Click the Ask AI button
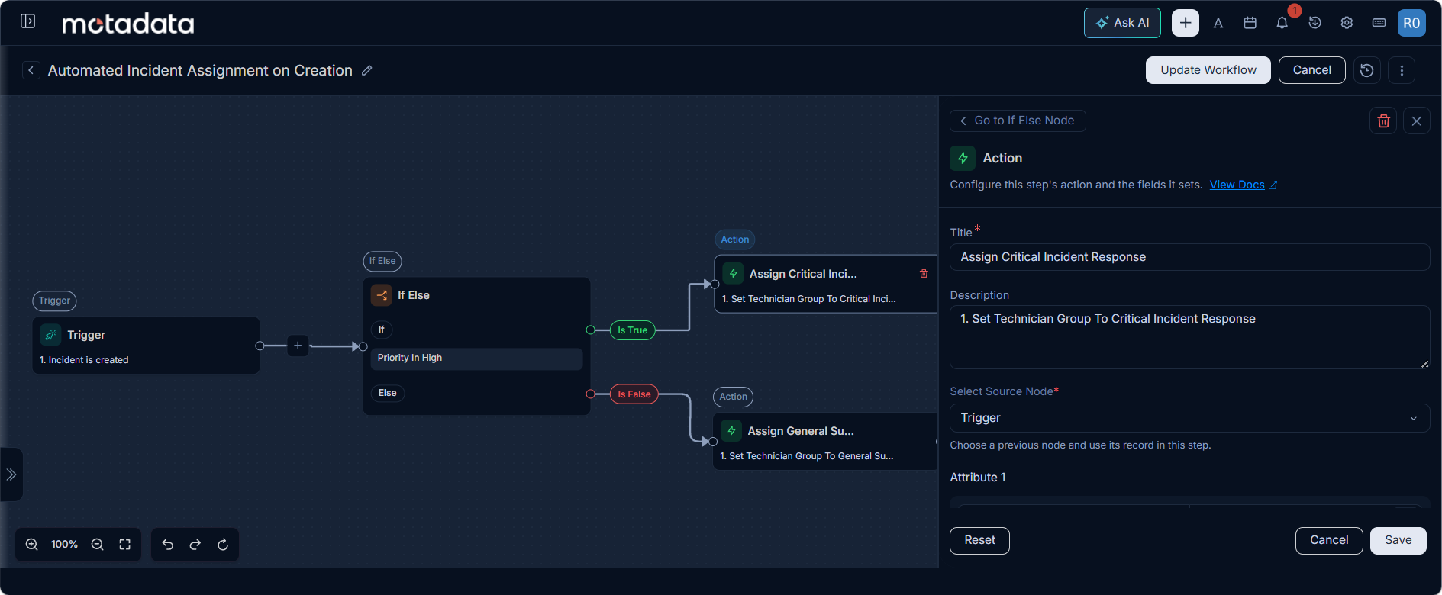tap(1122, 23)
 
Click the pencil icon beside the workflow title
tap(367, 70)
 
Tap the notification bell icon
tap(1282, 23)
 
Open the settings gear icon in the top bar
tap(1347, 23)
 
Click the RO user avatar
tap(1411, 23)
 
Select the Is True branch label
tap(633, 330)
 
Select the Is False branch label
tap(634, 394)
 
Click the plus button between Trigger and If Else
tap(298, 346)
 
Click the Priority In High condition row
tap(476, 359)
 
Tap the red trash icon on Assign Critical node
tap(924, 274)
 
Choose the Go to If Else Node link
tap(1018, 121)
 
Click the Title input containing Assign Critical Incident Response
tap(1189, 257)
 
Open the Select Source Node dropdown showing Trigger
tap(1189, 418)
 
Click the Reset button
tap(979, 540)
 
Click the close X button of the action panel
tap(1417, 121)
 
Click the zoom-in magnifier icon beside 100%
tap(32, 545)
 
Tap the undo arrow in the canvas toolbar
tap(168, 545)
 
